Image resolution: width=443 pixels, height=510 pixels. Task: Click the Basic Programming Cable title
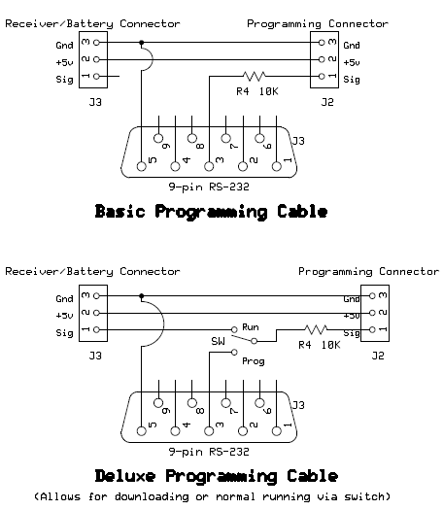click(211, 212)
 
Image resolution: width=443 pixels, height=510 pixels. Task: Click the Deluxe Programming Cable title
click(217, 476)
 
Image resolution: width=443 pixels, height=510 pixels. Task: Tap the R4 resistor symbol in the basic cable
click(254, 77)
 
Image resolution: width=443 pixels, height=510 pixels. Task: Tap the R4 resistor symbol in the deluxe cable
click(316, 329)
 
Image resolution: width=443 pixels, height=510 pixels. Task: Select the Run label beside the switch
click(251, 326)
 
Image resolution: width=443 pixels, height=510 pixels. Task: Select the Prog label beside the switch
click(254, 361)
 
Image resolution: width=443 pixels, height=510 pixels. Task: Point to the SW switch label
click(218, 341)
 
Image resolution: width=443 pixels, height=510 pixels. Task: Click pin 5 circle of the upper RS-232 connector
click(142, 166)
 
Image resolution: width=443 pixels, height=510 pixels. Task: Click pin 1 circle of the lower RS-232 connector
click(277, 431)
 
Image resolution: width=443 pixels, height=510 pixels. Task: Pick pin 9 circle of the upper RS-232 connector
click(158, 138)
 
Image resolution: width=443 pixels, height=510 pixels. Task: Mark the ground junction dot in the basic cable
click(141, 43)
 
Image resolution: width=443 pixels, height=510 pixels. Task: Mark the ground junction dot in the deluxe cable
click(141, 296)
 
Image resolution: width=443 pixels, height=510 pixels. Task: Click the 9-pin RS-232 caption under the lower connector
click(209, 452)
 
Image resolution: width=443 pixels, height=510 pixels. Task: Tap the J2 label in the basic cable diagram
click(327, 102)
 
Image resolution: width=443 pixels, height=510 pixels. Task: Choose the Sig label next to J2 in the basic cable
click(352, 80)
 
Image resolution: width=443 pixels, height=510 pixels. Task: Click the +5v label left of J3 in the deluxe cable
click(64, 316)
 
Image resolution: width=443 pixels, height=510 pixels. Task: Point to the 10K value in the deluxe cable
click(330, 345)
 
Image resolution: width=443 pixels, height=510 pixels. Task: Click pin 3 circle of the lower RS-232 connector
click(209, 431)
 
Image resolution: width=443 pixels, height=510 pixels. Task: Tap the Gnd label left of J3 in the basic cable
click(64, 46)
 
